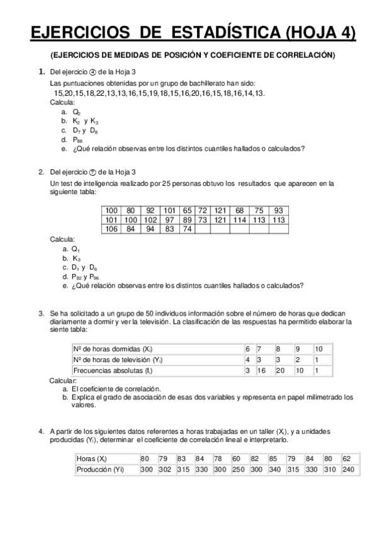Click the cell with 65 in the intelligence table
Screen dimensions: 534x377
tap(187, 210)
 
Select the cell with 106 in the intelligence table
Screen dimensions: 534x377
tap(111, 229)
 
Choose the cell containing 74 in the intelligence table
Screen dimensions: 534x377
tap(187, 229)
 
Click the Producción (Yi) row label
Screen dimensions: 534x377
tap(99, 469)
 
